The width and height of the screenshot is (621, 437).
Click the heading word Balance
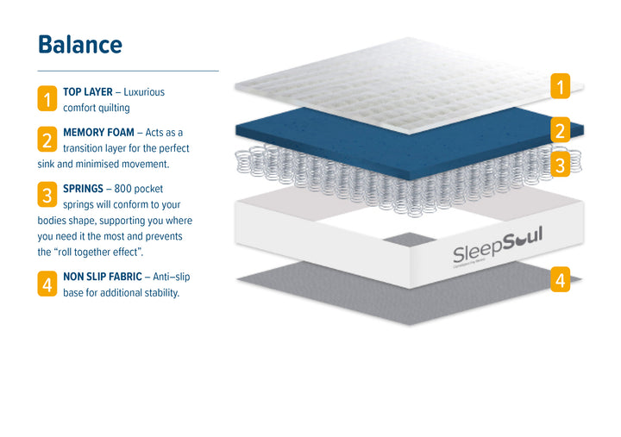(79, 44)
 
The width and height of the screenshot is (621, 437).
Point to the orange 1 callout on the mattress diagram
(560, 87)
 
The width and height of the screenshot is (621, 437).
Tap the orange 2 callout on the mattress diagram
(560, 131)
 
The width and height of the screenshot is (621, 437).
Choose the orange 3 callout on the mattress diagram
(560, 165)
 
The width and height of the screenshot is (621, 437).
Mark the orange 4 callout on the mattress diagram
(560, 280)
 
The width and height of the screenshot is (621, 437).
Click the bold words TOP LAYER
(88, 91)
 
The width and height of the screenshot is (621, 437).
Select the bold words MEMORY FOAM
(98, 133)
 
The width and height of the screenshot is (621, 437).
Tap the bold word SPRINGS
(83, 188)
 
